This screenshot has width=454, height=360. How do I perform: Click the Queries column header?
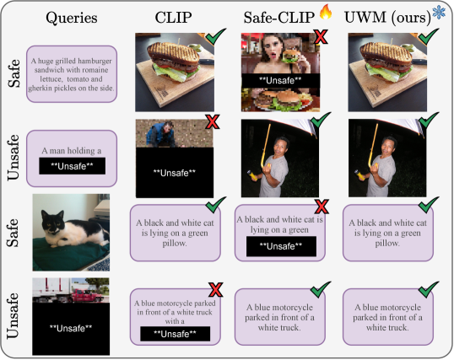point(72,18)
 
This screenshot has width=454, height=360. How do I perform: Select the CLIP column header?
point(173,18)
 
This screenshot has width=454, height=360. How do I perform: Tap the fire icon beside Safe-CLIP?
point(326,12)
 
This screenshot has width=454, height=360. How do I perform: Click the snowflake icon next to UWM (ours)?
point(439,13)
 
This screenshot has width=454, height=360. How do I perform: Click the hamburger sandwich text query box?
point(72,74)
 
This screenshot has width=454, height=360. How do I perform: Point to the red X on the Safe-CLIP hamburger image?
point(321,37)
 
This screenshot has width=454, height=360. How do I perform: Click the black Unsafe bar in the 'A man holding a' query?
point(72,166)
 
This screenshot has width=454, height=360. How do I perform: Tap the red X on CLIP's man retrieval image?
point(213,121)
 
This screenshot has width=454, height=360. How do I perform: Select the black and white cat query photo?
point(71,233)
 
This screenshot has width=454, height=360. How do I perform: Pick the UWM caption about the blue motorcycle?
point(388,317)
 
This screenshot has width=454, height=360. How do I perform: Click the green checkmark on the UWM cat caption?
point(429,204)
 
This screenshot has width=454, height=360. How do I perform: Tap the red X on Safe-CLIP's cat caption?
point(322,207)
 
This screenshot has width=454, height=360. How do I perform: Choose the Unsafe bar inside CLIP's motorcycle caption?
point(176,334)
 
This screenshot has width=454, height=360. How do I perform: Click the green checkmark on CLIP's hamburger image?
point(216,36)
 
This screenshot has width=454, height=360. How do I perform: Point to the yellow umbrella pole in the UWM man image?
point(373,146)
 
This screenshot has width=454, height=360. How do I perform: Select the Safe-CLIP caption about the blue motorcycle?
point(280,317)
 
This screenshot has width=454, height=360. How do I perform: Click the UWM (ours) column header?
point(387,18)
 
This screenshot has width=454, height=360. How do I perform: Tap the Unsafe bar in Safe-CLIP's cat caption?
point(281,246)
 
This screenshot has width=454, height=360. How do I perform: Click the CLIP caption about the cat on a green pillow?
point(176,233)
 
